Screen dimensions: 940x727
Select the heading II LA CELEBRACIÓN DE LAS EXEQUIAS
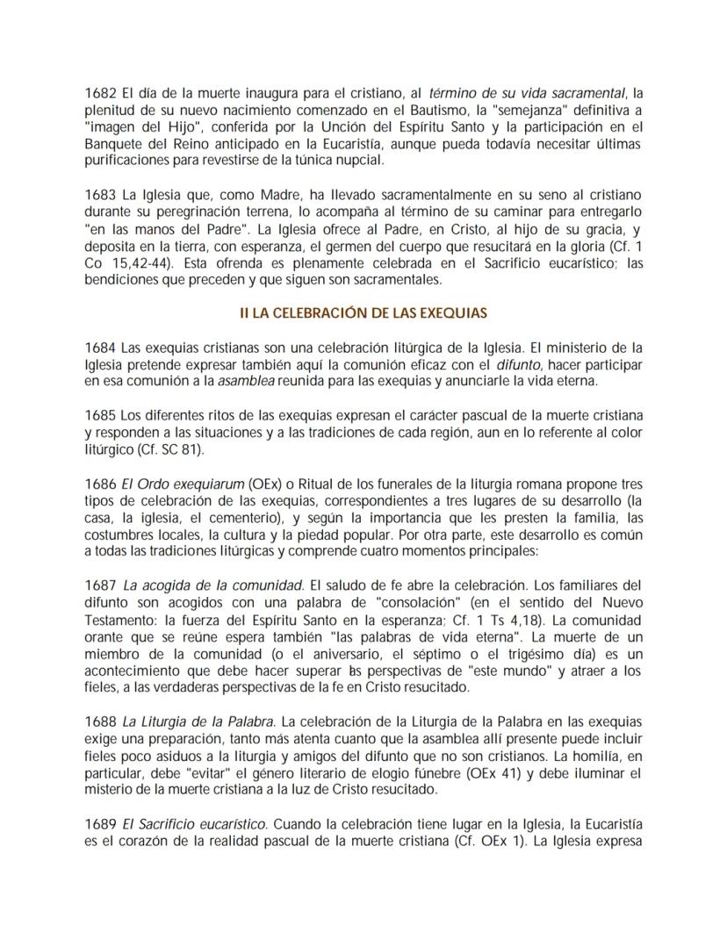pos(363,312)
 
